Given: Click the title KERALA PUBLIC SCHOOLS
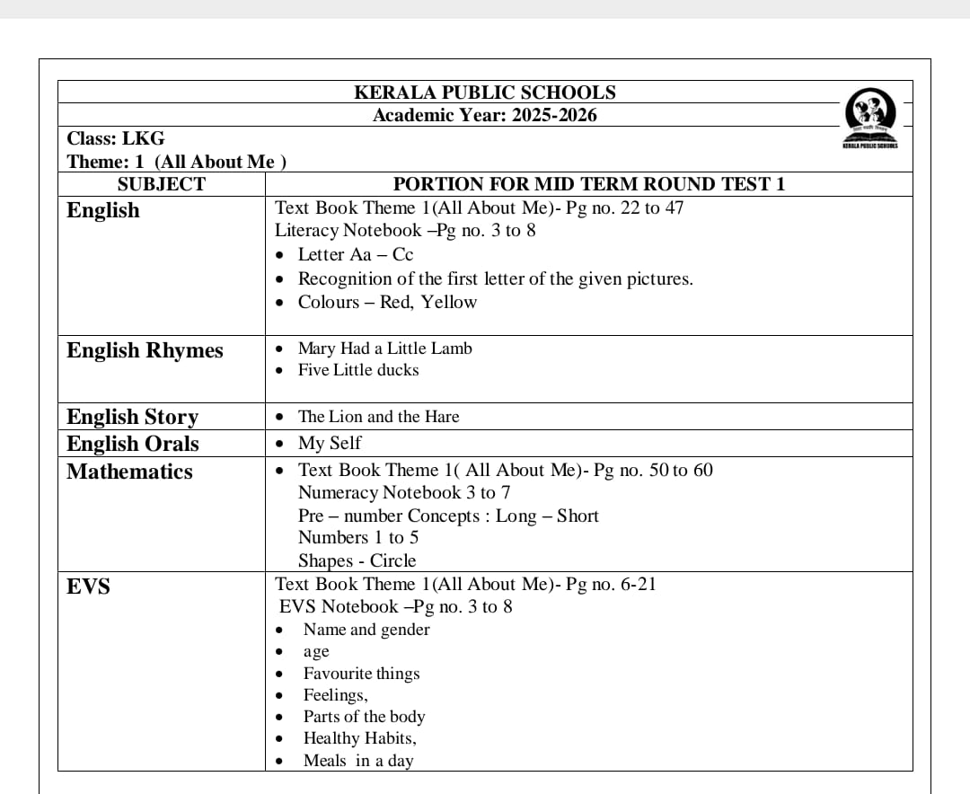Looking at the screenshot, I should [485, 93].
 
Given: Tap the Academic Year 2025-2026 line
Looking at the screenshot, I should [485, 115].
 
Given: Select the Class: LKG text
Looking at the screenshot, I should [116, 138].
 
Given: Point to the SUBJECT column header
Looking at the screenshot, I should [162, 184].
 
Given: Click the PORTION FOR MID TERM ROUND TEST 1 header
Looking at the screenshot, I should [589, 184].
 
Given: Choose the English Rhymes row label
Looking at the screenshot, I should [145, 350].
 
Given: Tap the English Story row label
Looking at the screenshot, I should [132, 417].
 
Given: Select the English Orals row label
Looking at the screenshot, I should [133, 444].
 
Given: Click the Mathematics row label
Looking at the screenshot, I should [129, 472].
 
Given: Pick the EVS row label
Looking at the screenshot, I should [88, 587].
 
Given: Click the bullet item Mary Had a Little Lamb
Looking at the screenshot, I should [384, 348].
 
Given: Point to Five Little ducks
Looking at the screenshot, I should [358, 370].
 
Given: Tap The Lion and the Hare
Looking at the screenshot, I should [378, 417].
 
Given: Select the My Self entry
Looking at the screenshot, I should [330, 443].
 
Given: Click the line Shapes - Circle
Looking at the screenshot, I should [357, 560].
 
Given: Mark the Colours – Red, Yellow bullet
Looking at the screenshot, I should [387, 302].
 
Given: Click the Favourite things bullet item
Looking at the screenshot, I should [361, 674].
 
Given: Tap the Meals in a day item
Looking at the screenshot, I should [358, 761].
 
